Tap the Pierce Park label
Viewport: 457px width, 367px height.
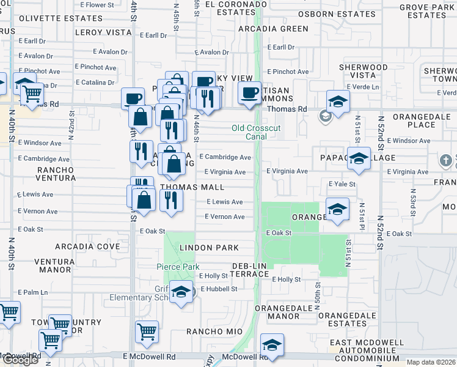(178, 267)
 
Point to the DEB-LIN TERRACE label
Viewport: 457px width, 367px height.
(250, 270)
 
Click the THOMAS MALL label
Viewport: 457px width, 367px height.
(192, 187)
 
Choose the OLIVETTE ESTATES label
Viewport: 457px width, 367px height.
(52, 18)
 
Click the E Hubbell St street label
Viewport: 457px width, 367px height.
(218, 289)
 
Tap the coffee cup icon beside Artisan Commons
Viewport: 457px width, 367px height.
(249, 93)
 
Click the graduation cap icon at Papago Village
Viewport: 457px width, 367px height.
(359, 158)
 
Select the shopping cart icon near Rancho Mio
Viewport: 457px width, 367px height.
(148, 331)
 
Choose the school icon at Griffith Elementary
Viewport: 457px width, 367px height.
(180, 292)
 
